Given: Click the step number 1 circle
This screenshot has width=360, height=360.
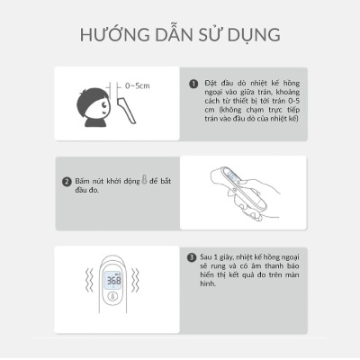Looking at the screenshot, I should click(193, 85).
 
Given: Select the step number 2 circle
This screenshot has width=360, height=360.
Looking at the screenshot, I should click(67, 181).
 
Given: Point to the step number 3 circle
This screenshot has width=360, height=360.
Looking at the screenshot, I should click(193, 256).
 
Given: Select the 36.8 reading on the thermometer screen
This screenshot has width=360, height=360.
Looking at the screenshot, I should click(115, 280).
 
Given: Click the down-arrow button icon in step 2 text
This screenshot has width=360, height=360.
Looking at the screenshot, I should click(145, 180).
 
